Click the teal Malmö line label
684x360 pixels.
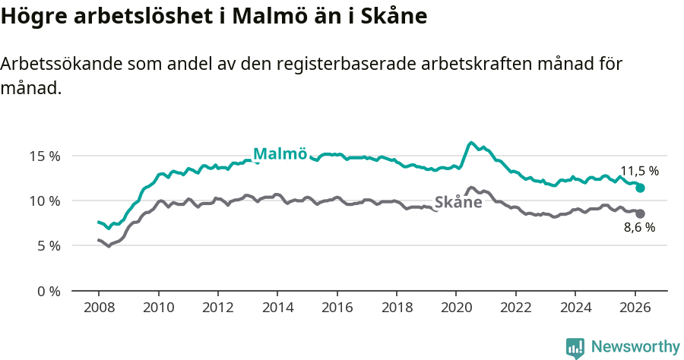coord(280,154)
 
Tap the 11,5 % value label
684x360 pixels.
coord(639,172)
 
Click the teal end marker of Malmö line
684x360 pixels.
coord(640,188)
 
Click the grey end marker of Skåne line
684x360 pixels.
coord(640,213)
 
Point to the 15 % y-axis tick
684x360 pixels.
coord(45,156)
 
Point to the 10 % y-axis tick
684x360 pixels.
coord(45,201)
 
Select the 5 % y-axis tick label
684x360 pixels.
coord(48,246)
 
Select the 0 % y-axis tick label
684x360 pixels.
coord(48,291)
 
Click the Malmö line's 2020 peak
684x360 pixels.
coord(471,143)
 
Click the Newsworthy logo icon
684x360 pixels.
coord(575,348)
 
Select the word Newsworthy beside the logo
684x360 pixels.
coord(635,347)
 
